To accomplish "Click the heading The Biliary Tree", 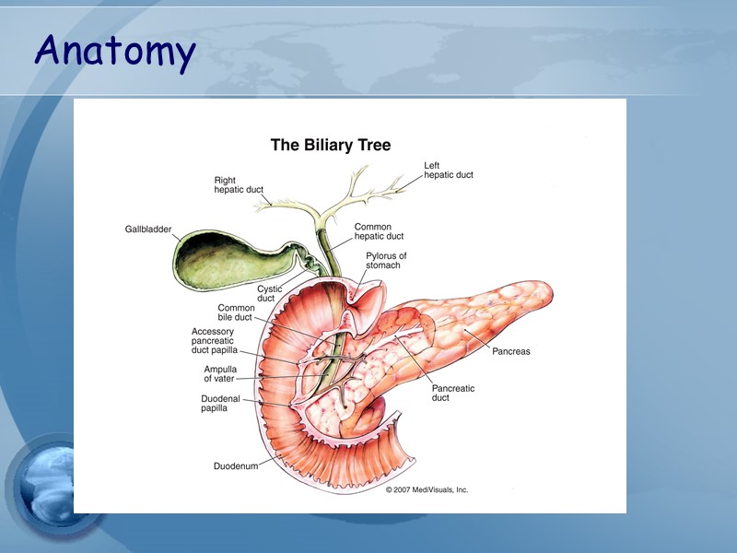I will pos(330,146).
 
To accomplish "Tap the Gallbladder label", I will pos(148,229).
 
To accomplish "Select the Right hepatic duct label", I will pos(239,185).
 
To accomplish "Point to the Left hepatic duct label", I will pos(449,171).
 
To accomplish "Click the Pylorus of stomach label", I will pos(386,260).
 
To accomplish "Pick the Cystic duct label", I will pos(268,294).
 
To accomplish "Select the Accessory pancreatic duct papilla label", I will pos(214,341).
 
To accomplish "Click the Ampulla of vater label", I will pos(220,373).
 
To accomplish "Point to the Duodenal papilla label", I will pos(220,403).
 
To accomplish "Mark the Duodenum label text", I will pos(236,466).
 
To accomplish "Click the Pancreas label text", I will pos(510,351).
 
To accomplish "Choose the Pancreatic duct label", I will pos(453,394).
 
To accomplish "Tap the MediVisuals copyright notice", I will pos(427,489).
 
